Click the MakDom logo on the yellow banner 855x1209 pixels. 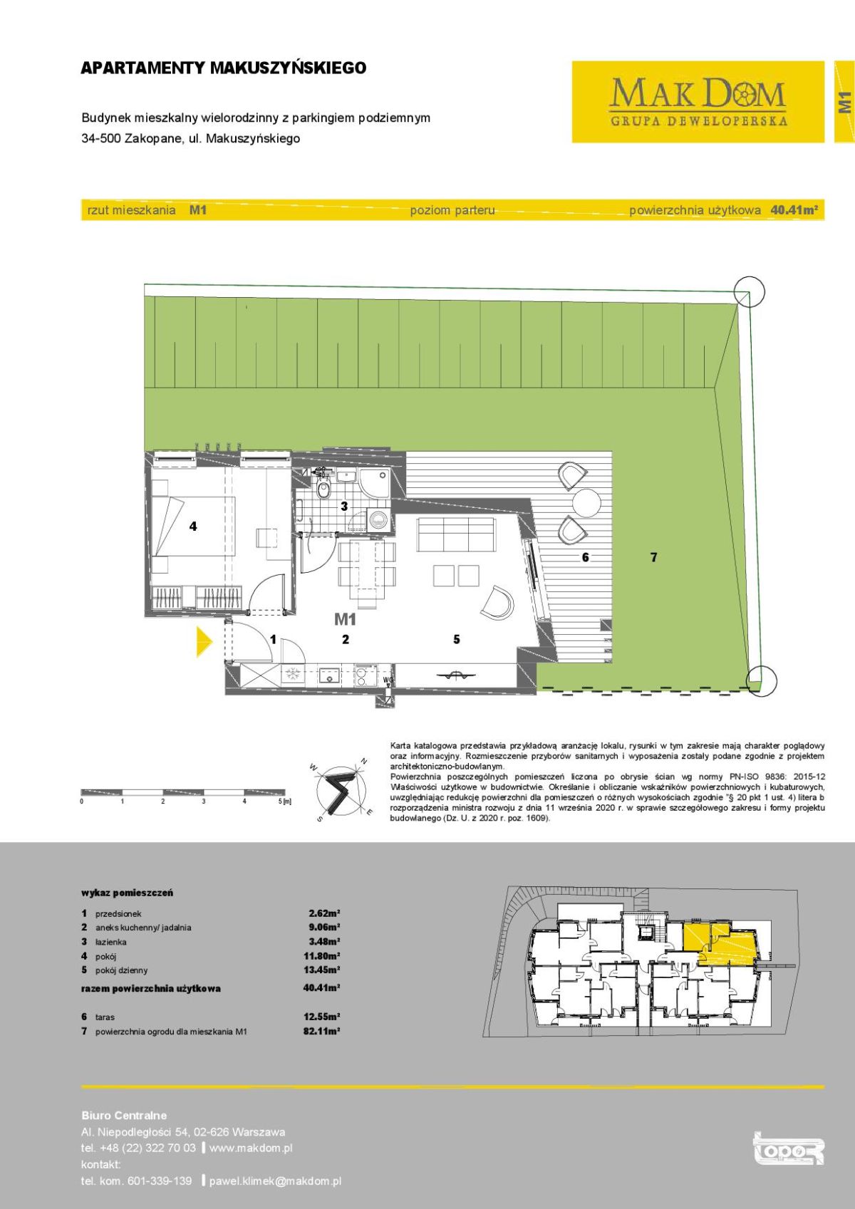tap(698, 102)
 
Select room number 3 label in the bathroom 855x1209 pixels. tap(343, 507)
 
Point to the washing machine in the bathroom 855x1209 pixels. tap(378, 519)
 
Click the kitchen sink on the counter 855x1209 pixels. tap(328, 677)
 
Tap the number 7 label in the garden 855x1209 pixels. tap(653, 558)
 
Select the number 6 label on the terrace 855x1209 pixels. tap(585, 558)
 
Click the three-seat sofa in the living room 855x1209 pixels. tap(455, 534)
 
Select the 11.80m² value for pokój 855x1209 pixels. tap(322, 956)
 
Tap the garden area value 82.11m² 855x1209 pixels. tap(322, 1031)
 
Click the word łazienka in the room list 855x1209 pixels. tap(111, 942)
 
